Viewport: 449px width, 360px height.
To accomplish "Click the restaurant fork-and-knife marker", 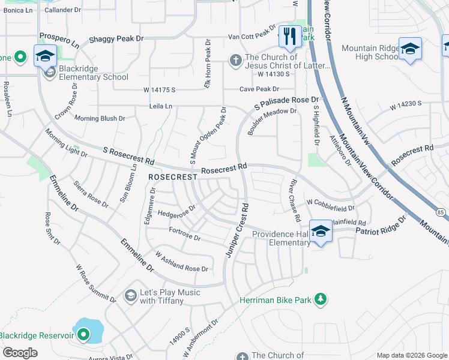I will [290, 37].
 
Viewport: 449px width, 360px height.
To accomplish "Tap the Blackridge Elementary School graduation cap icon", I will [45, 57].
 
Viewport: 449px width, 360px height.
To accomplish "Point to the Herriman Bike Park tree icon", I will [321, 299].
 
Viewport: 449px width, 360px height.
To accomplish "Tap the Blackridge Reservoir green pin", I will [83, 334].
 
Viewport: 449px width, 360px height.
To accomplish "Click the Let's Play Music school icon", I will [130, 296].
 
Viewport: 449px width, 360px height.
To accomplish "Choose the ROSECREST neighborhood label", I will [172, 178].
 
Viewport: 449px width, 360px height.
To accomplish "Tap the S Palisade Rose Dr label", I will [286, 101].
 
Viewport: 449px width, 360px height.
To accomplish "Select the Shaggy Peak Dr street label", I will [116, 38].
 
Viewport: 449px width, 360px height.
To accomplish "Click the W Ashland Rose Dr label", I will [181, 261].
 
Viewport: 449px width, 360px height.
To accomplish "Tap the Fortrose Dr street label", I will [184, 233].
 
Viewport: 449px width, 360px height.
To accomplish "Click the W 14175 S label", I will [159, 89].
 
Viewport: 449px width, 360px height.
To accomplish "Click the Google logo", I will [20, 352].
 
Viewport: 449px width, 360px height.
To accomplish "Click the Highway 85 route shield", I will [441, 212].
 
